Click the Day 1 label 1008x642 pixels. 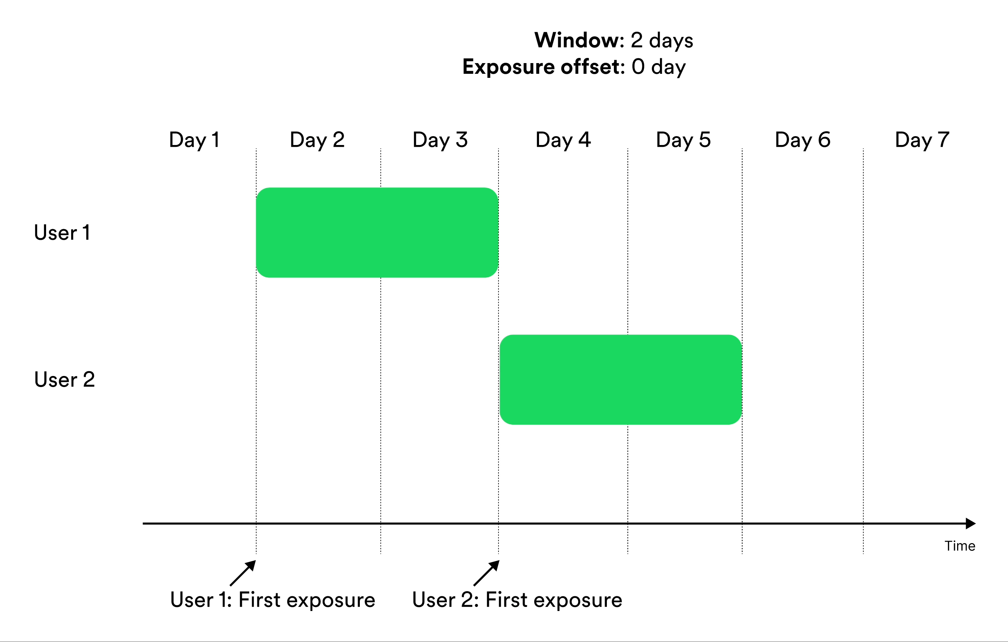click(x=194, y=140)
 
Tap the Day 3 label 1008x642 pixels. click(x=440, y=140)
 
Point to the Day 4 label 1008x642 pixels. click(x=563, y=140)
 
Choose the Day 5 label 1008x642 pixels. click(x=683, y=140)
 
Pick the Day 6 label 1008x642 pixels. click(x=803, y=140)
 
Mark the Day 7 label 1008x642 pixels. click(x=922, y=140)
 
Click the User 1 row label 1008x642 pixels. click(x=62, y=232)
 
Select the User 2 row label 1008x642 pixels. click(x=65, y=379)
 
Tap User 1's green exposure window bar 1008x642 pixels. click(x=377, y=232)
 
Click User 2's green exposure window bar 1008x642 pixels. click(x=621, y=379)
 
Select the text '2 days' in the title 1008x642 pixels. click(x=662, y=40)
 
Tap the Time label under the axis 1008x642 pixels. click(x=960, y=546)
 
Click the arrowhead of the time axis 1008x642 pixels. click(x=971, y=524)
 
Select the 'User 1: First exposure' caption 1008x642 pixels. click(x=273, y=600)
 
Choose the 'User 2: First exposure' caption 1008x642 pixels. click(x=517, y=600)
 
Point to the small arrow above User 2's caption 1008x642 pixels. click(x=486, y=573)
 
